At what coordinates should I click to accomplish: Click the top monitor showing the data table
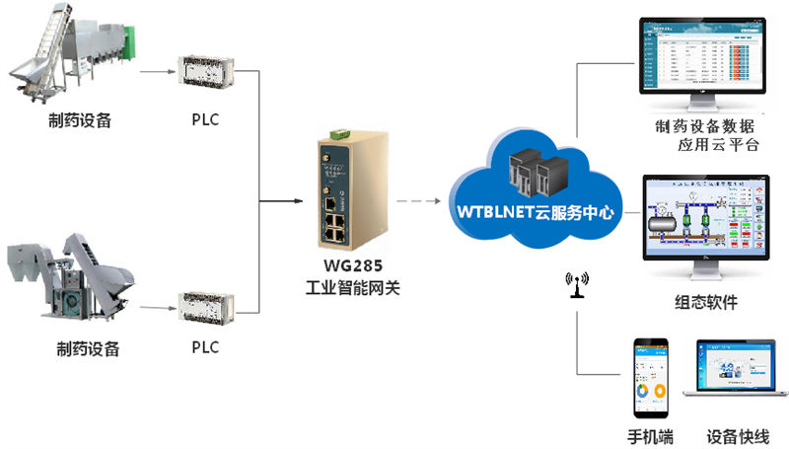[x=703, y=60]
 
